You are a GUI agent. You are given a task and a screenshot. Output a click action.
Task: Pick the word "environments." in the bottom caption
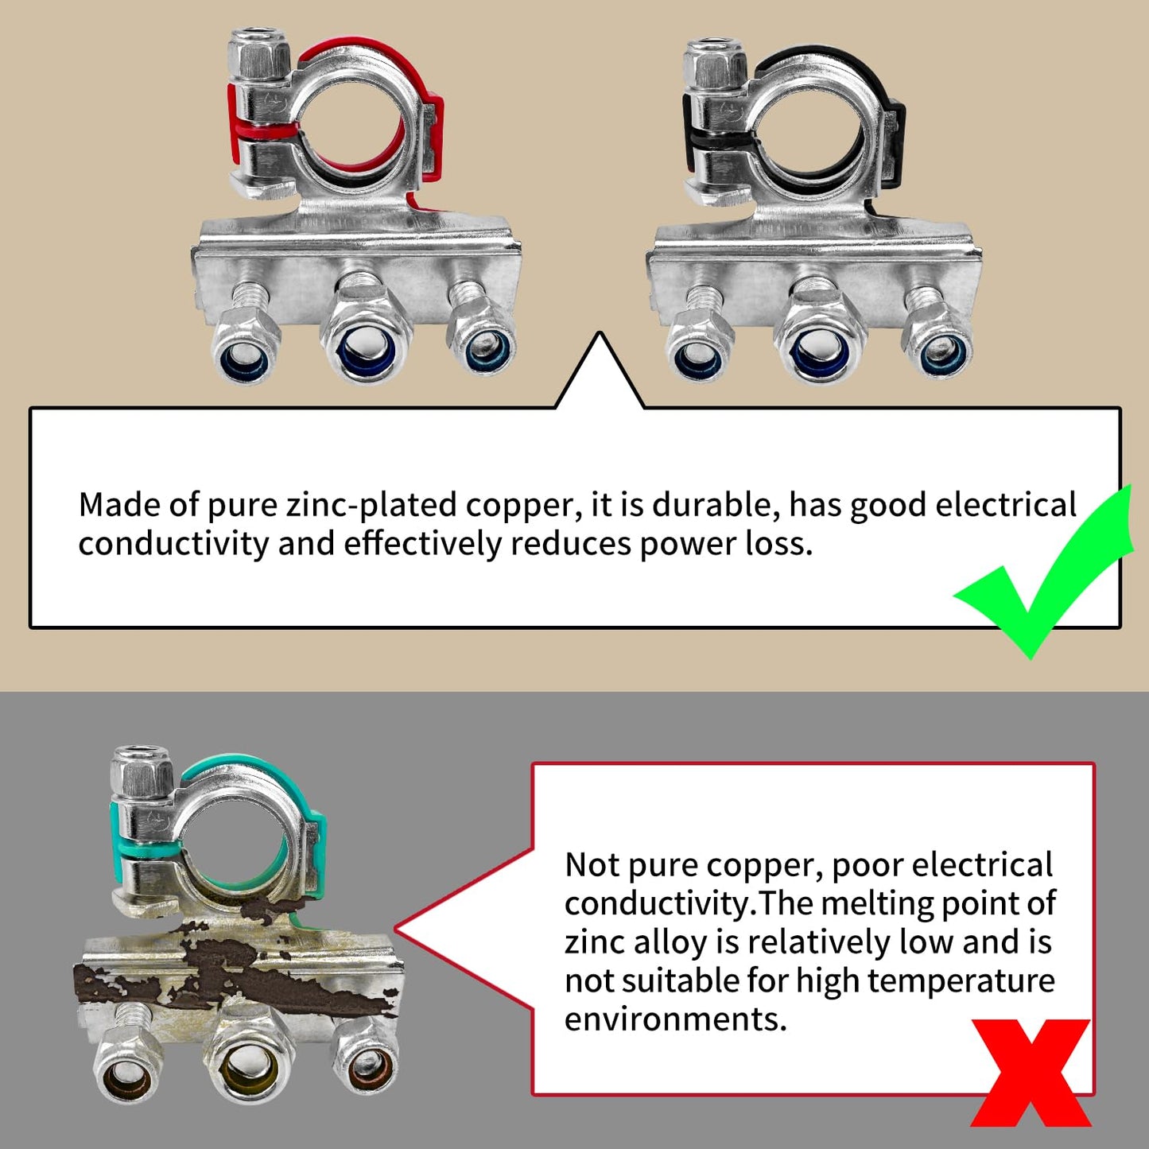[675, 1019]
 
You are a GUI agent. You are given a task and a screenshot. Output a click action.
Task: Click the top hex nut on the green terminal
[142, 771]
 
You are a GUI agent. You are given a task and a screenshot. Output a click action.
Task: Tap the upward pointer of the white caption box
[600, 370]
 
